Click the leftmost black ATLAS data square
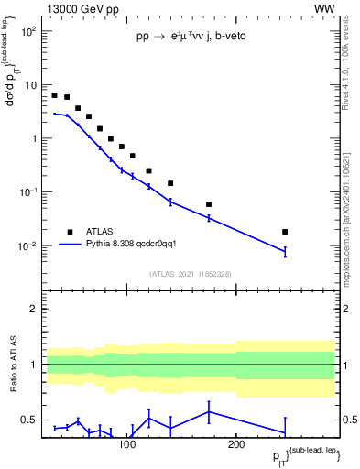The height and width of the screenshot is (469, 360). [55, 95]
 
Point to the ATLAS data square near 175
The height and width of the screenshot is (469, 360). [209, 204]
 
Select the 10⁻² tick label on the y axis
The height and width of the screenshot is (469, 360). [29, 246]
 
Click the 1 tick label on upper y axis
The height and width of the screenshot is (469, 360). [34, 139]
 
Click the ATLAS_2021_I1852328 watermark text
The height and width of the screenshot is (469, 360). [190, 274]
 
